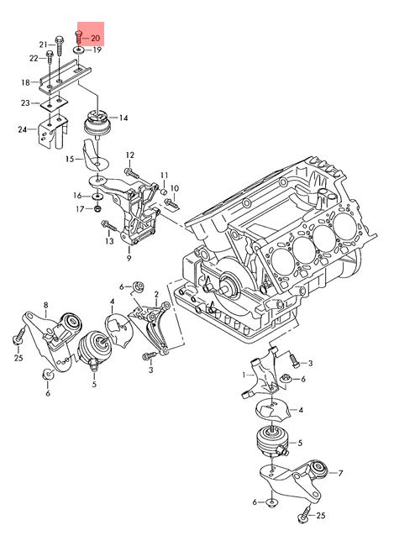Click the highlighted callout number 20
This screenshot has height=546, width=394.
95,39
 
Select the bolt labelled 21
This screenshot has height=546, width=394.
59,45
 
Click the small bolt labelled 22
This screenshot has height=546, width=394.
50,57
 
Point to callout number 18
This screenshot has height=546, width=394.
25,82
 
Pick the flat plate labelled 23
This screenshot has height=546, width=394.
53,103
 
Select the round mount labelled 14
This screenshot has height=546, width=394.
96,123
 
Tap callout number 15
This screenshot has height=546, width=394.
70,159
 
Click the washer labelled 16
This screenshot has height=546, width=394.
97,197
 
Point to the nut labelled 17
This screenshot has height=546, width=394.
98,209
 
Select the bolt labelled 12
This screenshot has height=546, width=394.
132,173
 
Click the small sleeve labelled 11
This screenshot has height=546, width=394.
163,192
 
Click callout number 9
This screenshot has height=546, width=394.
129,259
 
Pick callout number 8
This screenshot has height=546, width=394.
46,305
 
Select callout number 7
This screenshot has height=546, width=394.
340,473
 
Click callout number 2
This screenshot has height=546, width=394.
156,294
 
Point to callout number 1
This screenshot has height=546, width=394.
244,375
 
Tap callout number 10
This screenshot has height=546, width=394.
175,188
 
